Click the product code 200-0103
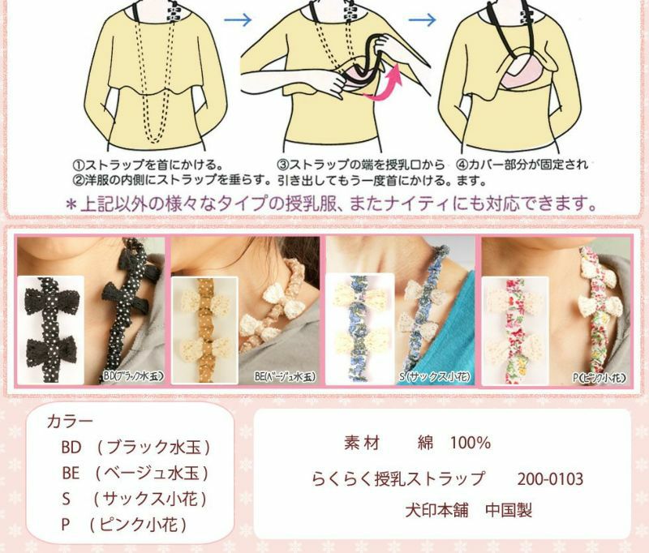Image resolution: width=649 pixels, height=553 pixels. click(550, 479)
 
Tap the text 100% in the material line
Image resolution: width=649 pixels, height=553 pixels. click(471, 443)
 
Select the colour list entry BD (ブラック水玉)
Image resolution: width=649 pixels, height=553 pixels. click(135, 447)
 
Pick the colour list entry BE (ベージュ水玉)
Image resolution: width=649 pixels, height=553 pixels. click(135, 474)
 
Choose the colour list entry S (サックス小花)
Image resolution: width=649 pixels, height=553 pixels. click(134, 499)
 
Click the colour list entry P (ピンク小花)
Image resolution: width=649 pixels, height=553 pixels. click(124, 525)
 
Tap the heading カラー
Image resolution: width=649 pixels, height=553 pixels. click(70, 422)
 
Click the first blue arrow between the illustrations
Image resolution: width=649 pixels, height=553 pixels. click(238, 19)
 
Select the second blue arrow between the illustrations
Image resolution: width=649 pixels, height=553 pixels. click(422, 19)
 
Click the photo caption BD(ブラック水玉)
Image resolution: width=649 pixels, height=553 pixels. click(132, 376)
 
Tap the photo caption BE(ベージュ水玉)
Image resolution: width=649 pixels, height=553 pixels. click(286, 376)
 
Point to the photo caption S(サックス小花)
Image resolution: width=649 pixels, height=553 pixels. click(435, 376)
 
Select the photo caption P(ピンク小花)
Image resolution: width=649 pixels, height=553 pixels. click(599, 377)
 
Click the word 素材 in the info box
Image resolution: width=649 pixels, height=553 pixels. click(361, 443)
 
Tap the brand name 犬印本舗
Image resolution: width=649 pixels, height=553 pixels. click(436, 510)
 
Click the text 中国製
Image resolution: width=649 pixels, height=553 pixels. click(509, 510)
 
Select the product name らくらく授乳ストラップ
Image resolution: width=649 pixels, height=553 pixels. click(398, 479)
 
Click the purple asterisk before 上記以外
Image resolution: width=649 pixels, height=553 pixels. click(71, 205)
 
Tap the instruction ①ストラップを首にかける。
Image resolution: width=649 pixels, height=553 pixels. click(148, 165)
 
